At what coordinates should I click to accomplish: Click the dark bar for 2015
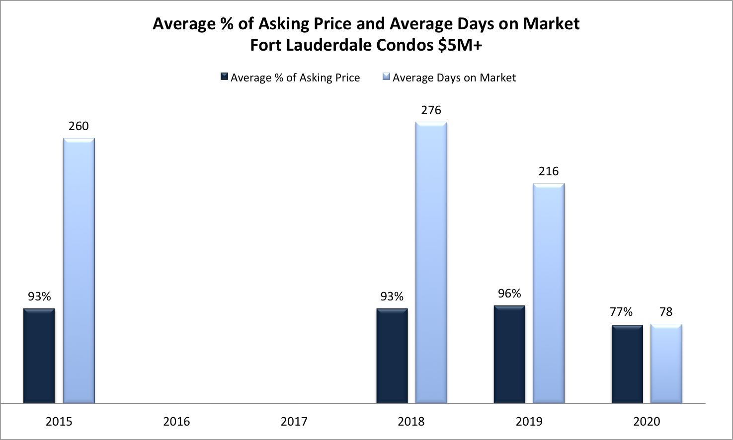tap(39, 356)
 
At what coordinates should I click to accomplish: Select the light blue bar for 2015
tap(79, 271)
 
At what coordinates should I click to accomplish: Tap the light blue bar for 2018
tap(431, 262)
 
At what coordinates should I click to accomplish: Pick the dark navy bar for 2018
tap(392, 356)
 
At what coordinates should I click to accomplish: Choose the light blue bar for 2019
tap(549, 293)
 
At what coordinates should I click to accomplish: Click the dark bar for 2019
tap(509, 354)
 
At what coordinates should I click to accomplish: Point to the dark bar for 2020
tap(627, 364)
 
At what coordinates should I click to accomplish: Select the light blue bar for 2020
tap(666, 364)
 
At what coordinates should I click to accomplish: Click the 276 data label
tap(431, 110)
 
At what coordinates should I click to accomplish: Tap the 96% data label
tap(509, 293)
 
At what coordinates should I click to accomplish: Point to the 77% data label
tap(621, 312)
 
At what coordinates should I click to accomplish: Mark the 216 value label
tap(549, 171)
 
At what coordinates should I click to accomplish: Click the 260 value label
tap(79, 126)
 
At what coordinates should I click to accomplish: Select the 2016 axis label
tap(176, 422)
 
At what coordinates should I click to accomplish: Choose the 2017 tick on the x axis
tap(294, 422)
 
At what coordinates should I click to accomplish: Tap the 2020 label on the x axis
tap(647, 422)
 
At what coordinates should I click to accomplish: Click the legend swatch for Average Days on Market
tap(387, 77)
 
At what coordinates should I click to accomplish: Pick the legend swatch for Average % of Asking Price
tap(225, 77)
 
